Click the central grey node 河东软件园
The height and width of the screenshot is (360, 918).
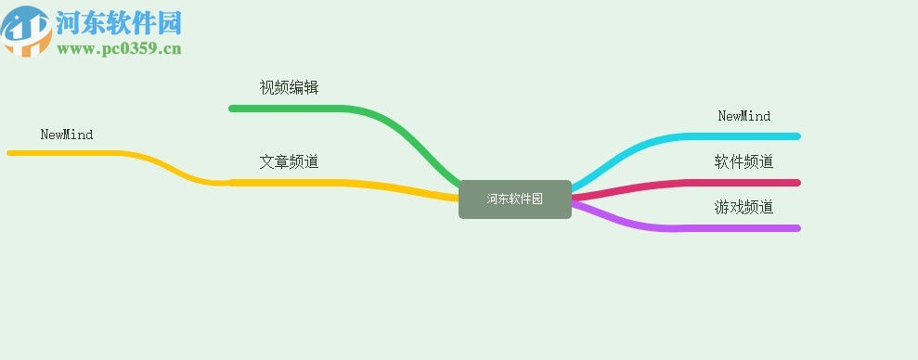(x=514, y=199)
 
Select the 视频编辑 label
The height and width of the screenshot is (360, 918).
(x=289, y=88)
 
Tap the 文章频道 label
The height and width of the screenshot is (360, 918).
(x=289, y=161)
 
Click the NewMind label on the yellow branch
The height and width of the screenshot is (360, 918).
(x=67, y=135)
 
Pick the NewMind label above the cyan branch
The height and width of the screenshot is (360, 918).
(x=743, y=116)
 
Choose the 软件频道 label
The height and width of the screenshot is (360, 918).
(x=743, y=161)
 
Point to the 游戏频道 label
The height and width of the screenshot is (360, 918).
(x=743, y=207)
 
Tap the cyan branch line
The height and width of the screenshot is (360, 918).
(x=724, y=136)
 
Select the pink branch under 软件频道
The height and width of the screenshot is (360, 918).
(x=724, y=182)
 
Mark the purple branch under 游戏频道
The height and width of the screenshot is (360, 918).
(x=724, y=228)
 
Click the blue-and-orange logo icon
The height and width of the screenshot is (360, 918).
(x=26, y=31)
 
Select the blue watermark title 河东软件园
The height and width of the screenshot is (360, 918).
(x=118, y=23)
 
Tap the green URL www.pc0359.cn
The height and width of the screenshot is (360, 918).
(x=118, y=49)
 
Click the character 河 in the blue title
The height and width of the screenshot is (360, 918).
(x=68, y=23)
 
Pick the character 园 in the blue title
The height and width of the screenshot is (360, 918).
(x=168, y=23)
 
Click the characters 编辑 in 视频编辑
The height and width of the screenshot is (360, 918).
(x=304, y=88)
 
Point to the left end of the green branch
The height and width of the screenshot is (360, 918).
(x=233, y=109)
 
